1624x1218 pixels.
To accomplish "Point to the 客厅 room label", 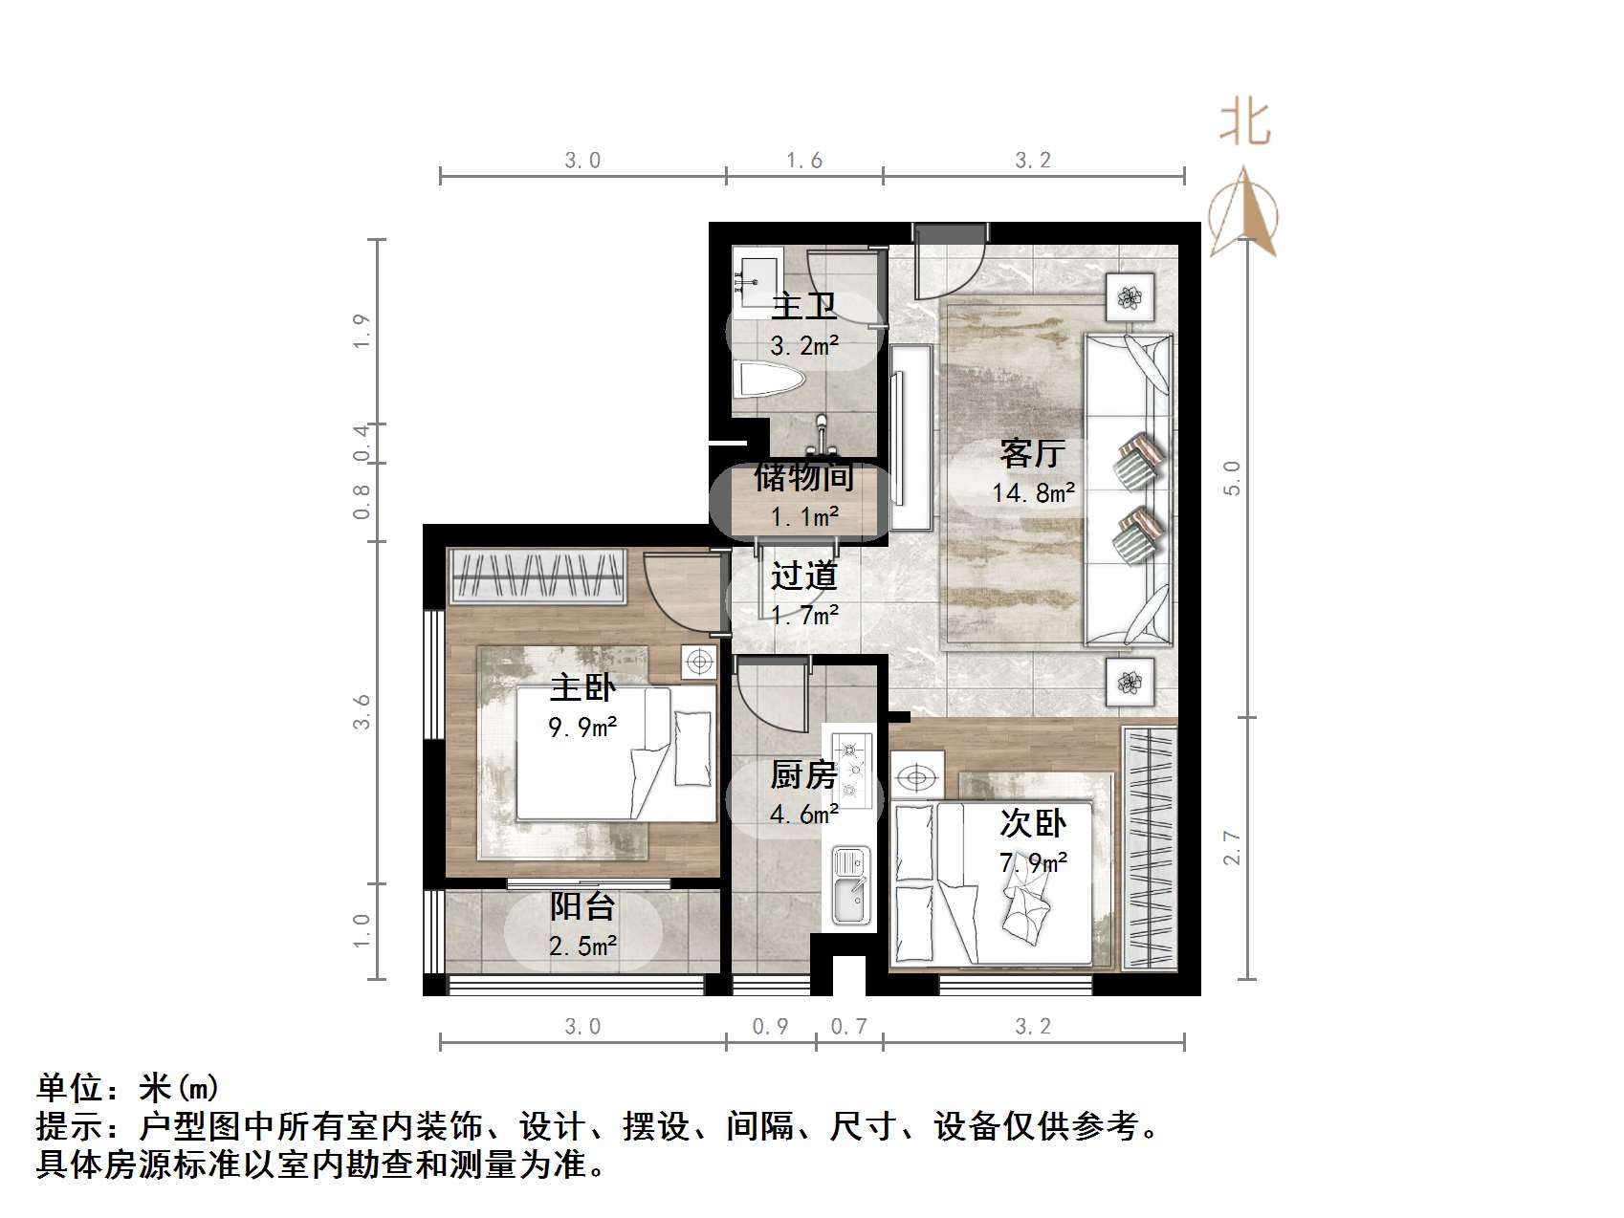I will [x=1032, y=452].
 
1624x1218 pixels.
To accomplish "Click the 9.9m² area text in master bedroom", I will [x=582, y=728].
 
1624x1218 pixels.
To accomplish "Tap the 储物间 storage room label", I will [x=803, y=476].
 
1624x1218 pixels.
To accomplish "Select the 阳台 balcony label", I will [x=582, y=905].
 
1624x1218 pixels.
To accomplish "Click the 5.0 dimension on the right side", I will [x=1233, y=477].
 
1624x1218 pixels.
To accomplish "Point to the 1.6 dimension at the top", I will [x=804, y=161].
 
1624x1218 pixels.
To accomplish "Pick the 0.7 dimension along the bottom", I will [x=848, y=1027].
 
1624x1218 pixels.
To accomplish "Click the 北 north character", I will [x=1244, y=124].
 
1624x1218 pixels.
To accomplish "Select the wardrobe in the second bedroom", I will [x=1150, y=848].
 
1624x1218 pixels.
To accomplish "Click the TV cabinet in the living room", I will [x=911, y=438].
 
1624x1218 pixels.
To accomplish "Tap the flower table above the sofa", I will [x=1130, y=296].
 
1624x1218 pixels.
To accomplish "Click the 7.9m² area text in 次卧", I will [x=1033, y=863].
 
